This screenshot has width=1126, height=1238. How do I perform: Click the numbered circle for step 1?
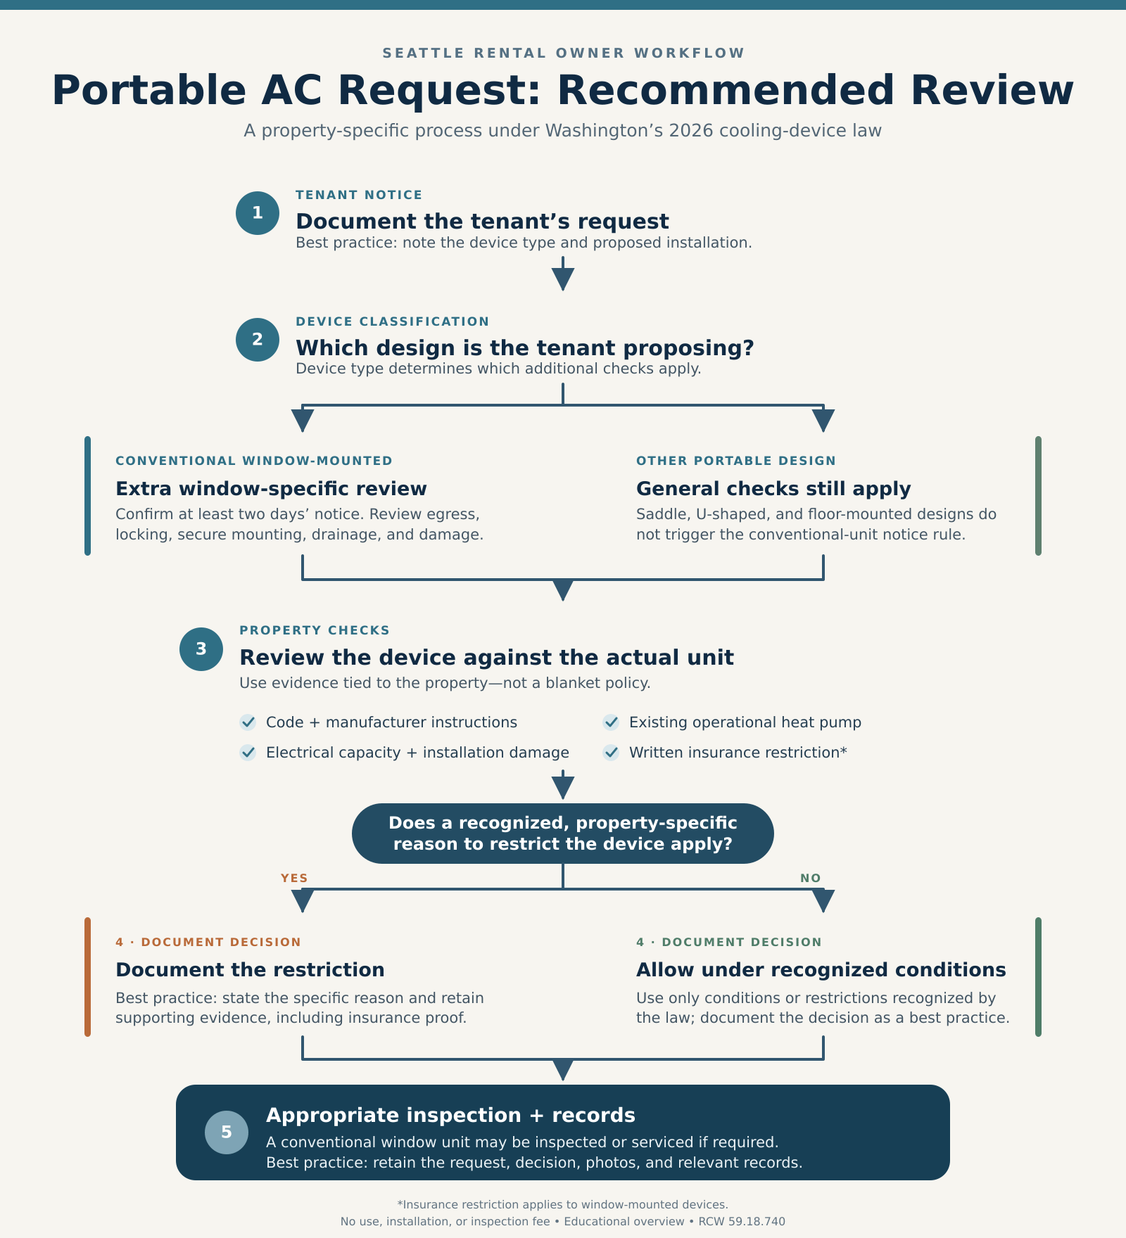click(x=258, y=213)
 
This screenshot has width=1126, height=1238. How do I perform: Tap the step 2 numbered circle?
click(x=258, y=340)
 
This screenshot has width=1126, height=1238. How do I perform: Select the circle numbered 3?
click(x=201, y=649)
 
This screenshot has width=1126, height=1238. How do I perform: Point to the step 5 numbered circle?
click(x=227, y=1132)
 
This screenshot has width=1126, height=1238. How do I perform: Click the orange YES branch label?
click(x=294, y=878)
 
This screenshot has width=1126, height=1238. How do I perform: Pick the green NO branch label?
click(x=811, y=878)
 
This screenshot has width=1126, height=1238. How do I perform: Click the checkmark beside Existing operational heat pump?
click(x=611, y=722)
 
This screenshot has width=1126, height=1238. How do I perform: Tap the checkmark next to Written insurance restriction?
click(x=611, y=753)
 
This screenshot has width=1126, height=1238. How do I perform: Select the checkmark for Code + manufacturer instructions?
click(x=248, y=722)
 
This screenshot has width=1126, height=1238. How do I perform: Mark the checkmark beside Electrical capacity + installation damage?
click(x=248, y=753)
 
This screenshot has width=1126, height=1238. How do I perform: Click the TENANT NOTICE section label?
click(x=359, y=195)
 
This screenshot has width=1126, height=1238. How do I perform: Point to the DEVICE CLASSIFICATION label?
click(x=392, y=321)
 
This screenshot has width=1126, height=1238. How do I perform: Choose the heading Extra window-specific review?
click(x=271, y=489)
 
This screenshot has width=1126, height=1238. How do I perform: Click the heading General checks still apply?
click(x=773, y=489)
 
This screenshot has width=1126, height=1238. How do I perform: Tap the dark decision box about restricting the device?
click(x=563, y=834)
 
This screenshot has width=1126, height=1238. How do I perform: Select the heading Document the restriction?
click(x=250, y=970)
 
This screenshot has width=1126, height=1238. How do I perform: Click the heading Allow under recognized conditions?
click(x=821, y=970)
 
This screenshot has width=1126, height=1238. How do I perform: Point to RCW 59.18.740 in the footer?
click(x=742, y=1222)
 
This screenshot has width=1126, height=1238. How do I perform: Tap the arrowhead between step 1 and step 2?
click(x=563, y=279)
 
